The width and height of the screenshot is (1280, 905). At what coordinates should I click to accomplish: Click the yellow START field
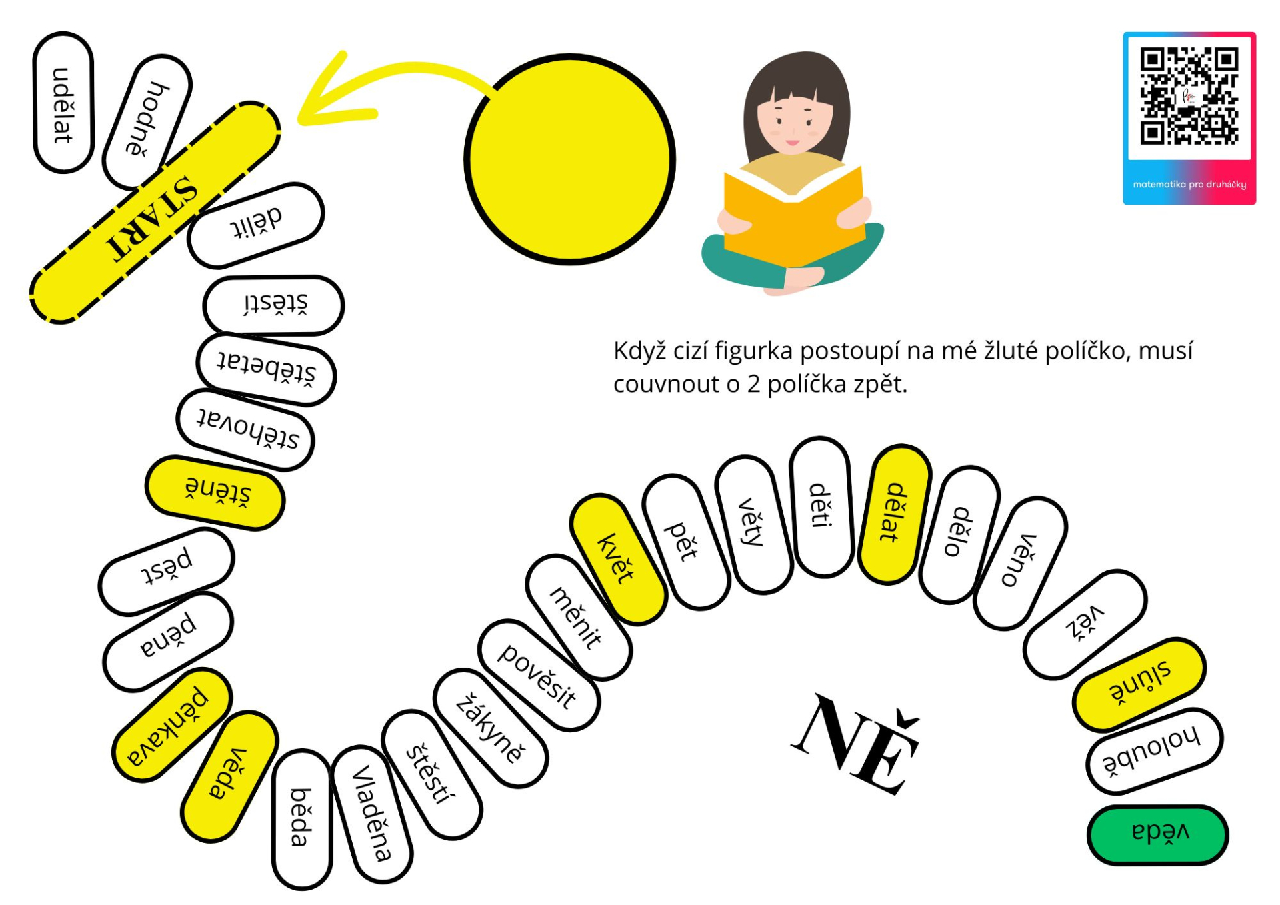(x=155, y=213)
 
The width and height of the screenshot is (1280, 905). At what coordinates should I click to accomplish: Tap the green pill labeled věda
(x=1158, y=834)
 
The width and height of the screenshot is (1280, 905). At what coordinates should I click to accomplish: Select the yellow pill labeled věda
(x=229, y=776)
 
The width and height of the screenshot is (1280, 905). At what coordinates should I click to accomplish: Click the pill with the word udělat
(x=63, y=103)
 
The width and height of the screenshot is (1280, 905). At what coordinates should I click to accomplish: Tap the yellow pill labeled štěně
(x=215, y=493)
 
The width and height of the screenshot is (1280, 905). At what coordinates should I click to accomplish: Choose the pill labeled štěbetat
(x=266, y=370)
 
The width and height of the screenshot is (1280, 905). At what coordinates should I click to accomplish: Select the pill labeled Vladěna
(x=372, y=814)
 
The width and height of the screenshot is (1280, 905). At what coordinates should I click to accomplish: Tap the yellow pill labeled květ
(x=617, y=559)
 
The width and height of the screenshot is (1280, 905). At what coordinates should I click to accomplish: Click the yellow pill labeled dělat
(x=895, y=514)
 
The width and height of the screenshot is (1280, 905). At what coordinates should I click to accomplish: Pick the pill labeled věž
(x=1085, y=624)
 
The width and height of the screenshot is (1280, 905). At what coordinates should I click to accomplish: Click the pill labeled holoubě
(x=1154, y=752)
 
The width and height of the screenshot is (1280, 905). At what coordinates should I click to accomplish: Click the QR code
(x=1189, y=96)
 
